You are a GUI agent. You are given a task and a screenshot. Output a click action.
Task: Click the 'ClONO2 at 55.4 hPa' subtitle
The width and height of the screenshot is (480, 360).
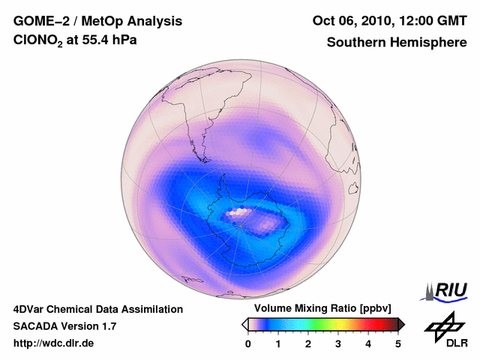point(75,43)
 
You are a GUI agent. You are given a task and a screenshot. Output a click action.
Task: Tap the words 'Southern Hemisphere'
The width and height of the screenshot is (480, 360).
point(397,43)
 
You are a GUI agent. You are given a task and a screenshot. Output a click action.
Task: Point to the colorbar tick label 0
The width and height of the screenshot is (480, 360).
point(248,343)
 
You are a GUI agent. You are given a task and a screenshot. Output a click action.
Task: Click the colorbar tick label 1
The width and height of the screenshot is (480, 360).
point(278,343)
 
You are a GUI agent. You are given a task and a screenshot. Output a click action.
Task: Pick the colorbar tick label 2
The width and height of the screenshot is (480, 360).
point(308,343)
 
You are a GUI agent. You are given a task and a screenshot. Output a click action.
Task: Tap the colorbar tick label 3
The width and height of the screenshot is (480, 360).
point(338,343)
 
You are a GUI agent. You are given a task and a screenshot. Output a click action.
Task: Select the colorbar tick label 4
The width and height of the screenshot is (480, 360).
point(368,343)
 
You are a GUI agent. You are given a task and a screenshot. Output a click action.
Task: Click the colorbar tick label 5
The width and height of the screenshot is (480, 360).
point(398,343)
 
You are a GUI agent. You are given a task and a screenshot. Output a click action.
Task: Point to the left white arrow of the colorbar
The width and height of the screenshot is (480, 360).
point(244,324)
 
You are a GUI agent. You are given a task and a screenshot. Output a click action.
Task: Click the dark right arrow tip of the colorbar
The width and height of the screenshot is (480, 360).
point(401,324)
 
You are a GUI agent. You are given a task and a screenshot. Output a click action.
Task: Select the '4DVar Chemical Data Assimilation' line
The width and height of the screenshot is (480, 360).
point(98,309)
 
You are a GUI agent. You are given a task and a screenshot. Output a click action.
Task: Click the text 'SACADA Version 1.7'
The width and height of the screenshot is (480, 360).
point(64,326)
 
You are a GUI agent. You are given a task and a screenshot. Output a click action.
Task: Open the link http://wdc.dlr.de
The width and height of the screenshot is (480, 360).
point(54,343)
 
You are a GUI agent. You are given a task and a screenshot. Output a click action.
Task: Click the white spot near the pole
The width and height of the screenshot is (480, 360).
point(238,213)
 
